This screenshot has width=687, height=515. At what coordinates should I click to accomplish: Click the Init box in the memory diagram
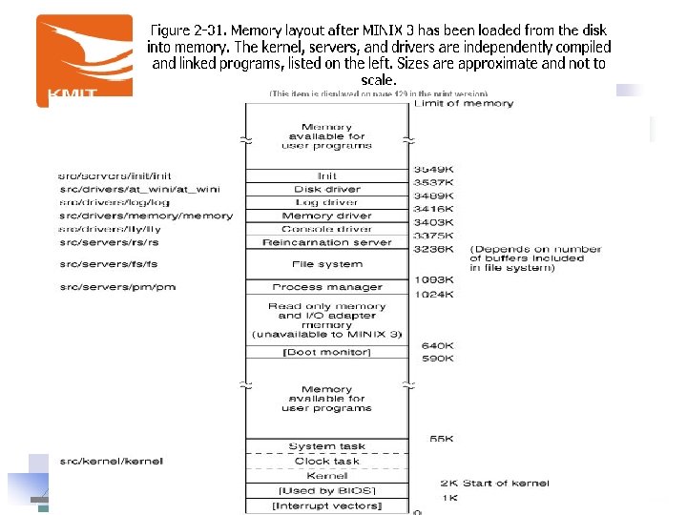[327, 176]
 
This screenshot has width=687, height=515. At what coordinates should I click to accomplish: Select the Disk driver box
[327, 189]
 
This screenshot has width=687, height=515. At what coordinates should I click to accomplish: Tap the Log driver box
[327, 202]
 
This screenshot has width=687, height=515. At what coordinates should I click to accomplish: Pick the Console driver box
[327, 229]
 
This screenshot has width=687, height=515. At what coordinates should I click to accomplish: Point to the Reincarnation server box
[327, 242]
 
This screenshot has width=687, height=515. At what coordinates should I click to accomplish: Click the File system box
[327, 264]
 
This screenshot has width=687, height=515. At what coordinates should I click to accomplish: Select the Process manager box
[327, 287]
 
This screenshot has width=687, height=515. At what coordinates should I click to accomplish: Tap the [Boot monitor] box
[327, 353]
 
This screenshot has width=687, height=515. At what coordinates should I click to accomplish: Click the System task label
[326, 446]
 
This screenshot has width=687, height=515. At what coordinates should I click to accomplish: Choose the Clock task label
[326, 462]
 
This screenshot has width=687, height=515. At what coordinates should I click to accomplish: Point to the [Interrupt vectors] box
[327, 505]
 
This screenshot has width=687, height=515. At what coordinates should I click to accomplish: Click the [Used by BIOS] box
[327, 490]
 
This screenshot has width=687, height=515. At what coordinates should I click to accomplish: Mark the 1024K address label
[433, 295]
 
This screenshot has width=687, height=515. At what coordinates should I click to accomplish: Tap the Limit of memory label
[464, 104]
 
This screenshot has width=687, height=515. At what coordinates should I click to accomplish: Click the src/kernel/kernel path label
[111, 462]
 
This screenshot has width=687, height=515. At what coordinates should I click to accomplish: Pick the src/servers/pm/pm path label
[117, 287]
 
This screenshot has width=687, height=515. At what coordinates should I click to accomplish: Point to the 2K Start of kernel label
[494, 483]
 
